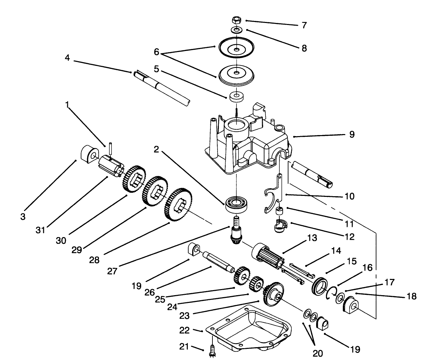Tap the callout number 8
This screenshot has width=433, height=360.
point(304,48)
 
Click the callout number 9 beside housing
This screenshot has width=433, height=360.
point(352,134)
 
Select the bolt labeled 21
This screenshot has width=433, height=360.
point(212,350)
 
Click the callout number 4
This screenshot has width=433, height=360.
point(68,58)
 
